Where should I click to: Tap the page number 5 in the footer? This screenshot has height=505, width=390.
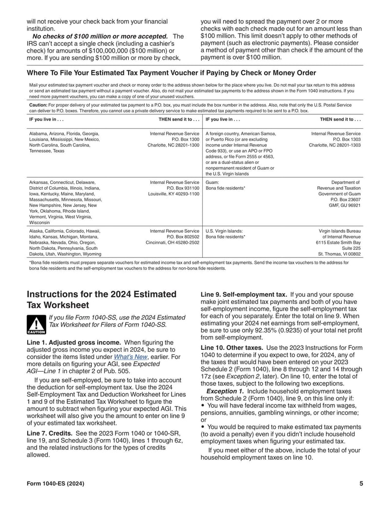point(361,484)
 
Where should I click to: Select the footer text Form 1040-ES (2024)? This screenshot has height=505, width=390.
point(56,484)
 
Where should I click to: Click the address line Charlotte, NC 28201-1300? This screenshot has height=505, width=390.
point(173,145)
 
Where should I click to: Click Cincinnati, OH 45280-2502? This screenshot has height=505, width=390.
point(172,242)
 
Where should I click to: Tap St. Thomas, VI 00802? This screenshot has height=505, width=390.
point(339,254)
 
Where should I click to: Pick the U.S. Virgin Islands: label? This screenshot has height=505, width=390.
point(224,231)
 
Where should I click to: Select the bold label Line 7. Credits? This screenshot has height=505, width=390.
point(50,433)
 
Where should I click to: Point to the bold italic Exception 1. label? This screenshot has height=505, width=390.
point(225,391)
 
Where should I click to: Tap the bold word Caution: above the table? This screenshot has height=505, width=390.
point(38,104)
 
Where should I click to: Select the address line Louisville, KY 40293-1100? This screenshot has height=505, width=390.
point(174,194)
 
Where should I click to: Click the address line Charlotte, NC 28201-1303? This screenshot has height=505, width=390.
point(335,145)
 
